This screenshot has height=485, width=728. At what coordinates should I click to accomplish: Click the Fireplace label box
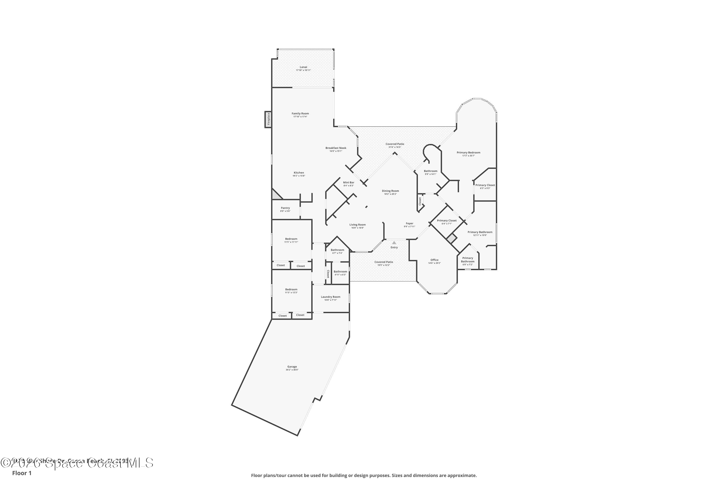(x=268, y=119)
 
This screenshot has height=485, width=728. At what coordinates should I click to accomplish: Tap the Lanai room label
(x=303, y=67)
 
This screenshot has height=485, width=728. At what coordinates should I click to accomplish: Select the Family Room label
(x=300, y=113)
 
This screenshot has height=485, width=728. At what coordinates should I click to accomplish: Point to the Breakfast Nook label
(x=336, y=148)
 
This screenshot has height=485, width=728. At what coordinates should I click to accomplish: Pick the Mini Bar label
(x=348, y=183)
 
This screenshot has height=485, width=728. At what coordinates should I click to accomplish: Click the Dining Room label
(x=390, y=191)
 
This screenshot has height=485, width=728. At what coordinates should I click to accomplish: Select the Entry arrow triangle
(x=394, y=243)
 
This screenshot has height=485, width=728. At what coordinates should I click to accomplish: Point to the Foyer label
(x=410, y=223)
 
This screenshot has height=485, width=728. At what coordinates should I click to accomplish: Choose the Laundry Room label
(x=331, y=297)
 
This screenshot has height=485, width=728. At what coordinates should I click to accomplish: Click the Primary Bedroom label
(x=468, y=153)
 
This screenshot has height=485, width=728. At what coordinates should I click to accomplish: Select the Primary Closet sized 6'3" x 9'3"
(x=485, y=186)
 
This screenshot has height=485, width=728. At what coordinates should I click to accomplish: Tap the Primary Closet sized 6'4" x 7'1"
(x=447, y=222)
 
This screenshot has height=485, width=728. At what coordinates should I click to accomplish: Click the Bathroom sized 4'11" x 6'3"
(x=340, y=273)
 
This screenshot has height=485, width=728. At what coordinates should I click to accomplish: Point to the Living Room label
(x=357, y=225)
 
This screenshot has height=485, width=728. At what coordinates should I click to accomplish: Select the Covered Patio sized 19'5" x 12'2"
(x=383, y=263)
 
